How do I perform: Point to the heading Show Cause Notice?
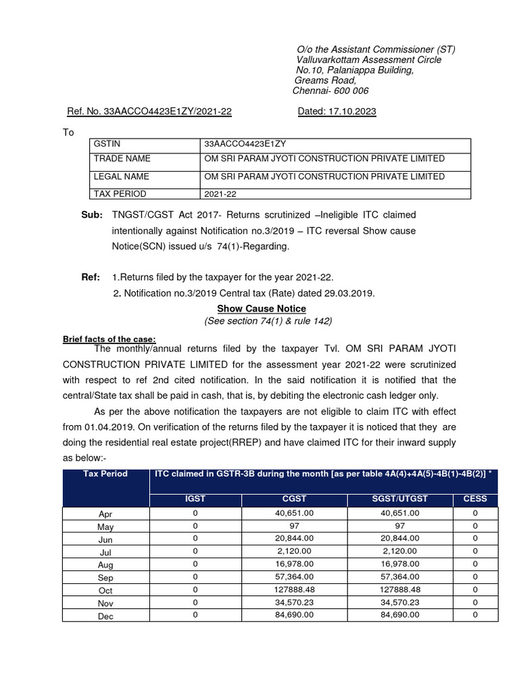click(x=261, y=309)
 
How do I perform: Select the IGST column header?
click(x=195, y=499)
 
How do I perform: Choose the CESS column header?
click(x=474, y=499)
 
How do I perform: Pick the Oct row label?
click(x=105, y=591)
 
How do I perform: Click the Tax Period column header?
click(x=105, y=474)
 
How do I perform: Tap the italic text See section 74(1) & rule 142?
click(x=268, y=321)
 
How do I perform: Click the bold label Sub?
click(x=92, y=215)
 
